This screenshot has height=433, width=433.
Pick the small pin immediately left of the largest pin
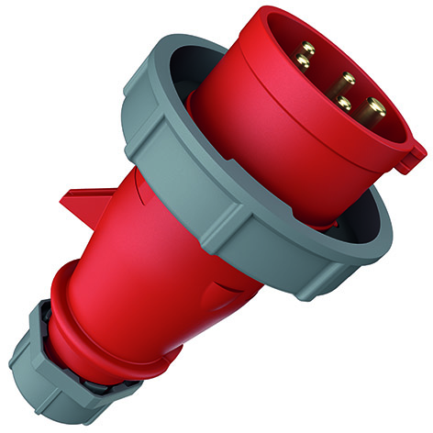pos(344,104)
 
